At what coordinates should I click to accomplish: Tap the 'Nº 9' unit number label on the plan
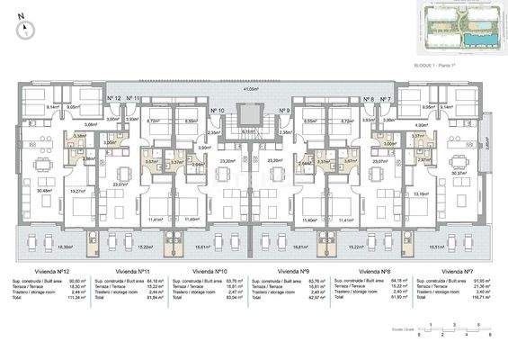(283, 110)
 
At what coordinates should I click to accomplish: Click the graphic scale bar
(463, 329)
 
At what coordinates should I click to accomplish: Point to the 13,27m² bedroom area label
(77, 192)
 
